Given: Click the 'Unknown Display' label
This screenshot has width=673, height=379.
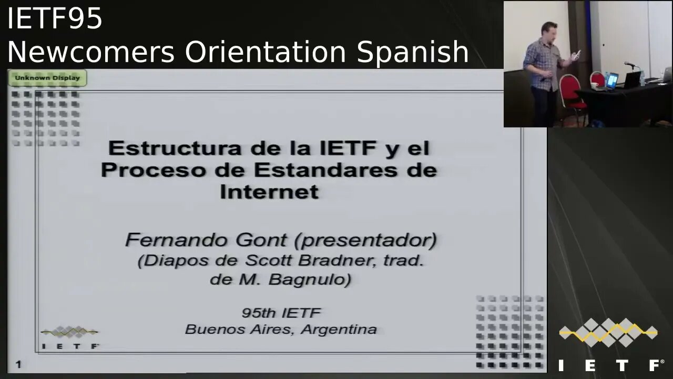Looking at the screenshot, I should point(47,78).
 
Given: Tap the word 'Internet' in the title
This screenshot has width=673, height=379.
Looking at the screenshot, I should point(269,192).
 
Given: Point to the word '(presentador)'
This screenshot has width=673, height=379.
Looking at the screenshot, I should point(365,241).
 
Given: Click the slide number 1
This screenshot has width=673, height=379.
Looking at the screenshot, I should point(18,364).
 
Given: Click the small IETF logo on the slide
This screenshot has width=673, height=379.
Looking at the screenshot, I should point(69,337).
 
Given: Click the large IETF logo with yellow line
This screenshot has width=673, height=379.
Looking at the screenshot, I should point(608,342).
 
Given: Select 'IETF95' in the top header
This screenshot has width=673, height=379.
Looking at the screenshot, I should point(55,19).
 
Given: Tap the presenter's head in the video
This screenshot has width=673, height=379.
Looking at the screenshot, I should point(550,30).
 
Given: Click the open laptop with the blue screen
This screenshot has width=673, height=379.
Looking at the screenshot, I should point(613,81).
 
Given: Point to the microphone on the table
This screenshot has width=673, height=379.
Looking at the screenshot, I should point(630,64).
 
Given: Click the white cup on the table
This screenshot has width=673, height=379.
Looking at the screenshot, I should point(594,85).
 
